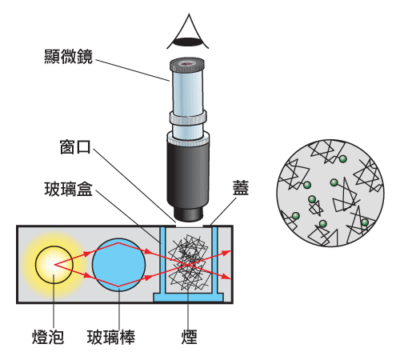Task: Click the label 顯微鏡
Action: pyautogui.click(x=68, y=56)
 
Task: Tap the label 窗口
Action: pyautogui.click(x=75, y=146)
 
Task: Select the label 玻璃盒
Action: pyautogui.click(x=68, y=189)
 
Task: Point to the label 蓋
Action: pyautogui.click(x=241, y=188)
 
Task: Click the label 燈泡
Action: pyautogui.click(x=48, y=337)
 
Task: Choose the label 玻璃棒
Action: pyautogui.click(x=111, y=337)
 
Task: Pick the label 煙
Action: pyautogui.click(x=189, y=337)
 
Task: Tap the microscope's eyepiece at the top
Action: pyautogui.click(x=187, y=65)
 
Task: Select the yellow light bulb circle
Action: pyautogui.click(x=54, y=265)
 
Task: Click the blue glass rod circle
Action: pyautogui.click(x=119, y=265)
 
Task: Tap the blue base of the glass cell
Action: pyautogui.click(x=188, y=297)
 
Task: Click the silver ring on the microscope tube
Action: pyautogui.click(x=188, y=118)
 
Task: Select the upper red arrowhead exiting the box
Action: pyautogui.click(x=226, y=252)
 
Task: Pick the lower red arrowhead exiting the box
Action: pyautogui.click(x=226, y=277)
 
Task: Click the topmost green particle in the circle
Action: pyautogui.click(x=343, y=159)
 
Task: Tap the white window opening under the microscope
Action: pyautogui.click(x=190, y=226)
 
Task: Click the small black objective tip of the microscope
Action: pyautogui.click(x=188, y=214)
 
